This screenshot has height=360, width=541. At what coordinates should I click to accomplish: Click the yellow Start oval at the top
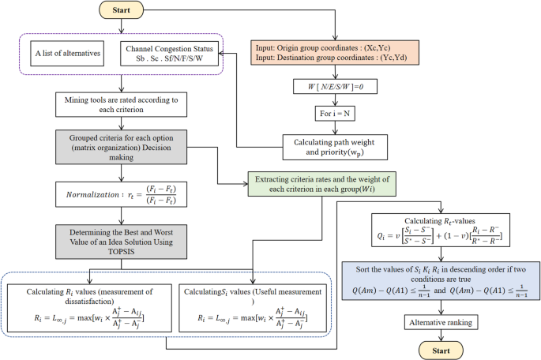pyautogui.click(x=120, y=11)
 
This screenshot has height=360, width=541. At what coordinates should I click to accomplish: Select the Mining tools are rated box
pyautogui.click(x=120, y=105)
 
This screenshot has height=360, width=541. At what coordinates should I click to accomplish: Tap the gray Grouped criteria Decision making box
pyautogui.click(x=120, y=148)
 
